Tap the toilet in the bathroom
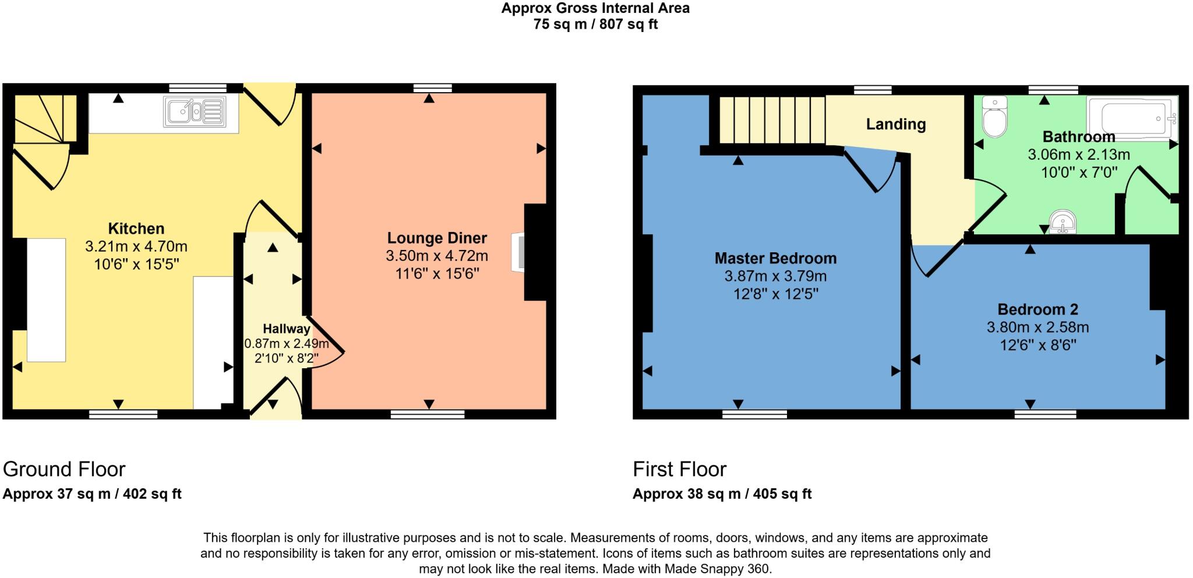[994, 117]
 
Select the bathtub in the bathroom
[1131, 118]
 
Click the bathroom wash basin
[1063, 223]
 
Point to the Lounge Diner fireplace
[518, 252]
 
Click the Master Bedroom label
[775, 258]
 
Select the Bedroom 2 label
[1037, 309]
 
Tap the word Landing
[895, 124]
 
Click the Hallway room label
[286, 329]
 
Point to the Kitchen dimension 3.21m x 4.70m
[136, 246]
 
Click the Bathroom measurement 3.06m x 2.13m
[1078, 154]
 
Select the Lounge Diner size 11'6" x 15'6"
[437, 273]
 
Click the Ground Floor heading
[64, 469]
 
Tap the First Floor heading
[679, 469]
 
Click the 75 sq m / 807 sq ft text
[595, 24]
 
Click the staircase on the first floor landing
[772, 120]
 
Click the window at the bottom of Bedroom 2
[1045, 414]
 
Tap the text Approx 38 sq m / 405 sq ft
[722, 494]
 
